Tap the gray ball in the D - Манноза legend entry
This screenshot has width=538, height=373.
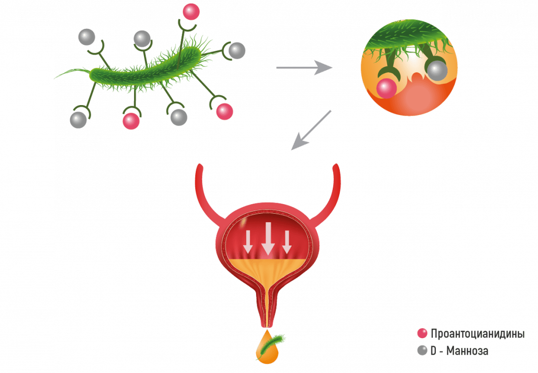pyautogui.click(x=422, y=351)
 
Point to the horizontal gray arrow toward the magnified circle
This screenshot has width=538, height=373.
pyautogui.click(x=304, y=68)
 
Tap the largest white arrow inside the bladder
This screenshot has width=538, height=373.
pyautogui.click(x=268, y=238)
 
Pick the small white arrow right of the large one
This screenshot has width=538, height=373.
pyautogui.click(x=286, y=242)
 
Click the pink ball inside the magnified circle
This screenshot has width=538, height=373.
pyautogui.click(x=386, y=88)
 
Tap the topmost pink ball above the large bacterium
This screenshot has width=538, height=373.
pyautogui.click(x=191, y=11)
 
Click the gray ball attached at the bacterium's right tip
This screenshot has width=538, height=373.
pyautogui.click(x=237, y=50)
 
